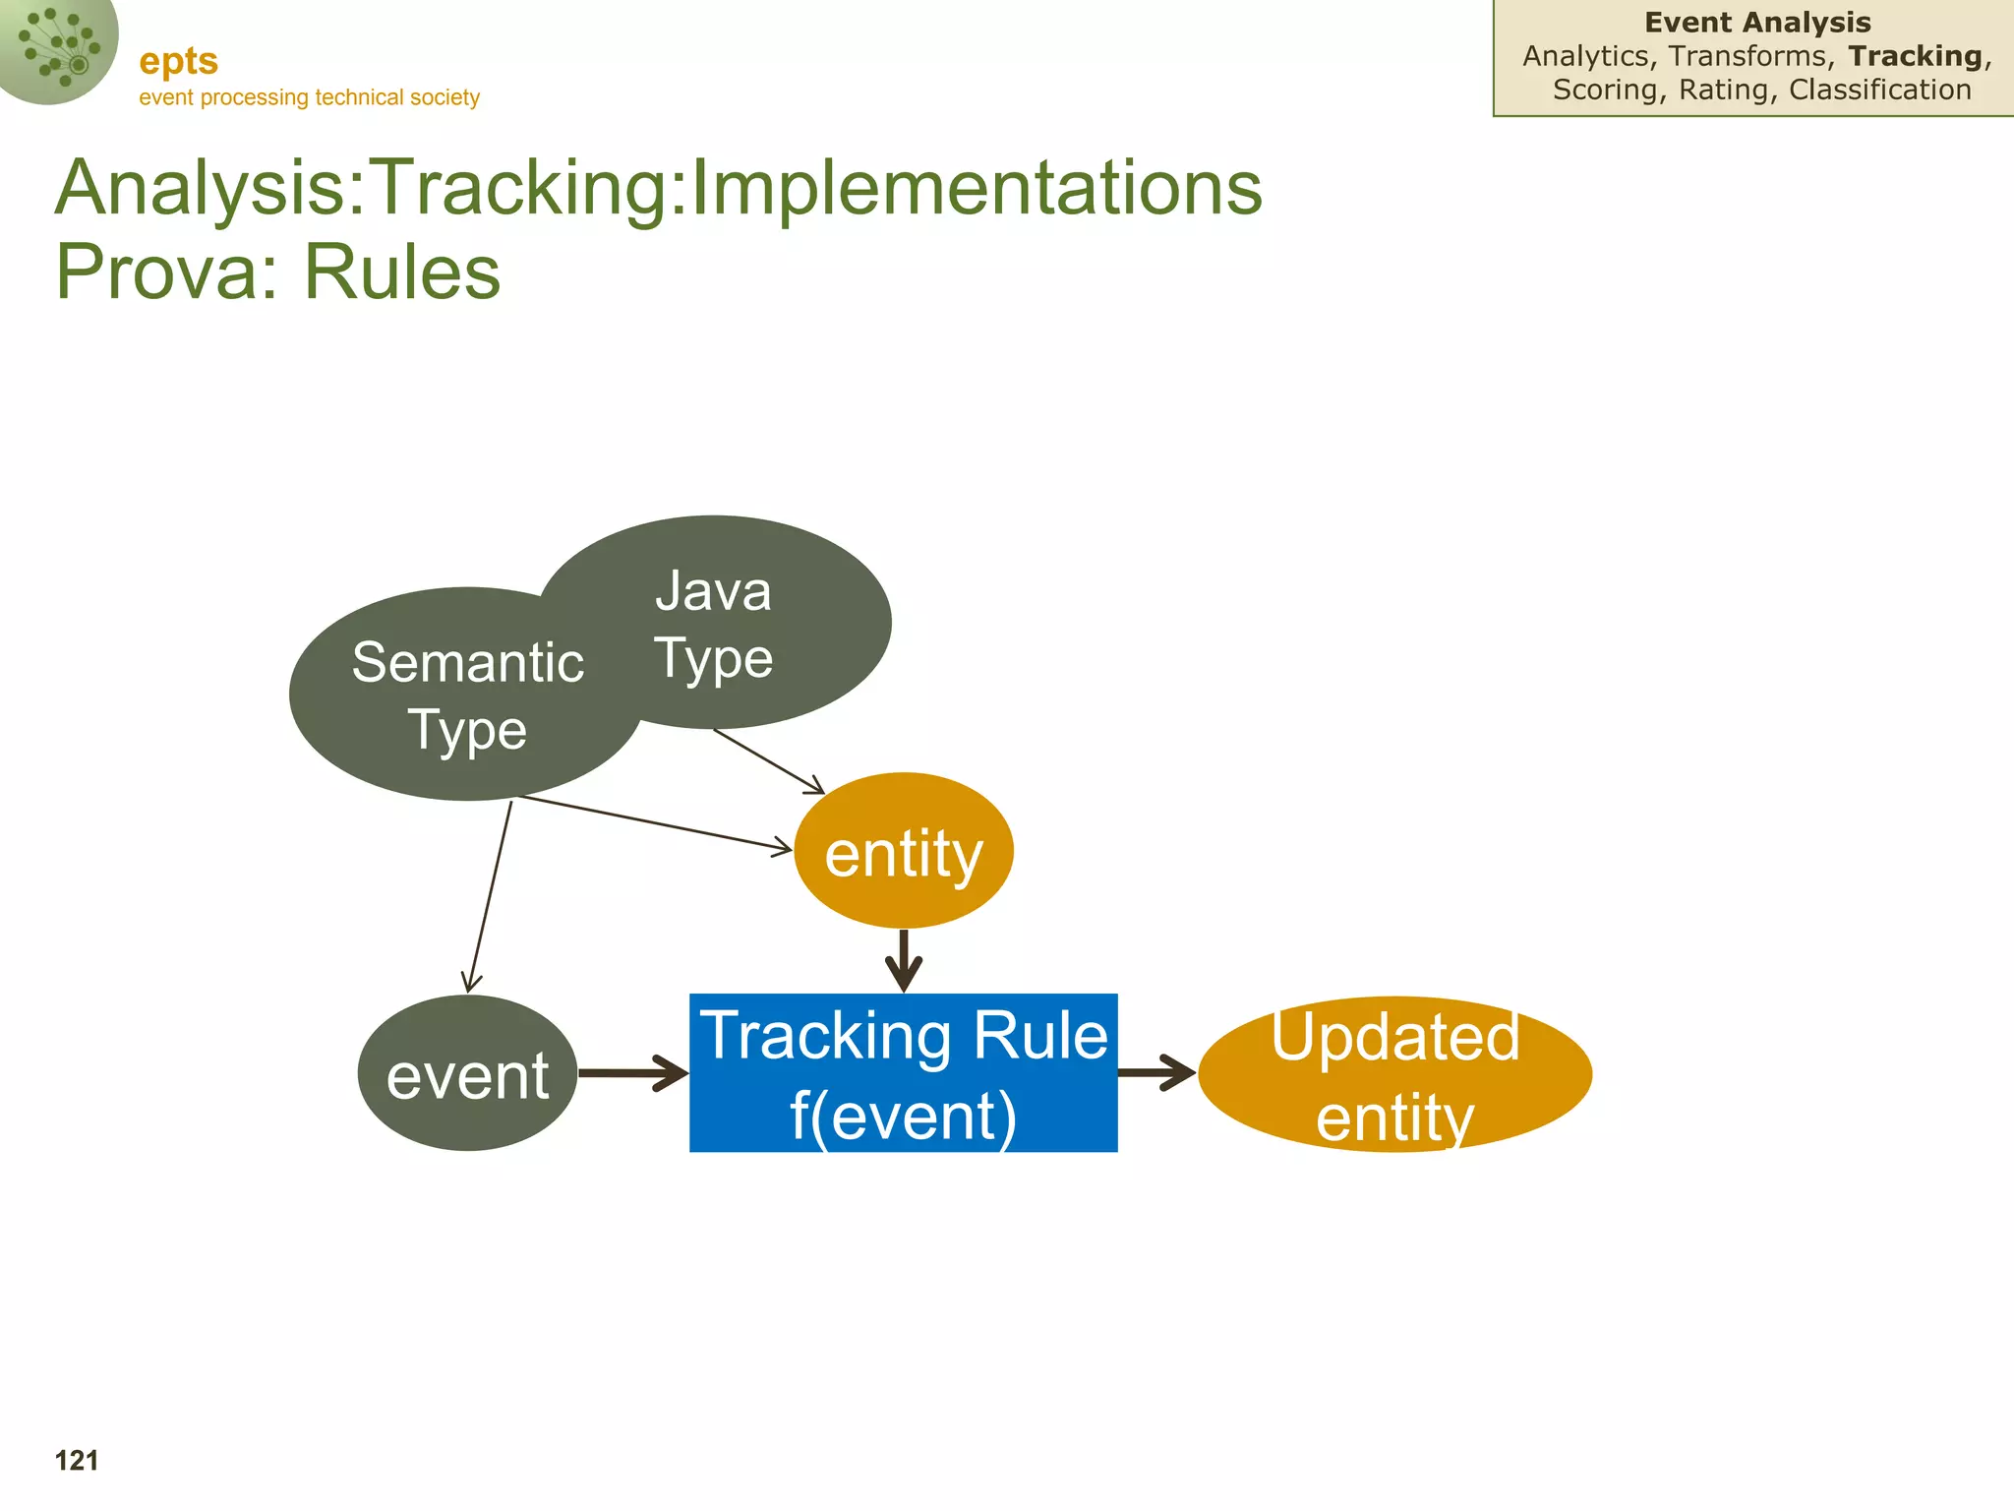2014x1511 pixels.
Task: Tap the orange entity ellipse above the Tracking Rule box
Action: tap(903, 851)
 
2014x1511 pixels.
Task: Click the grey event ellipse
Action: tap(467, 1073)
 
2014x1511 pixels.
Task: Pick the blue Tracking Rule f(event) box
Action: tap(903, 1073)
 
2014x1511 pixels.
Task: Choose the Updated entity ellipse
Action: tap(1394, 1074)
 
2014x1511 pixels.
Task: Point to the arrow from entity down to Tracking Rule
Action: tap(903, 960)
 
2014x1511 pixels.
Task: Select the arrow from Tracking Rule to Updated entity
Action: tap(1156, 1073)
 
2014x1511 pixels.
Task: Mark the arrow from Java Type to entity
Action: tap(768, 760)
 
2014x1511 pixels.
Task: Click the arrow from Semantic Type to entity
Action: tap(654, 822)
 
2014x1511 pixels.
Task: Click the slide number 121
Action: tap(77, 1461)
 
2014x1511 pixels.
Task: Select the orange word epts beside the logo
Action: tap(178, 61)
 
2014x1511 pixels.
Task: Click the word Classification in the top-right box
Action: tap(1879, 90)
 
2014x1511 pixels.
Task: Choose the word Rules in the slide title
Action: tap(402, 272)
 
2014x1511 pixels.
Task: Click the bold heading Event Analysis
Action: tap(1757, 23)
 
